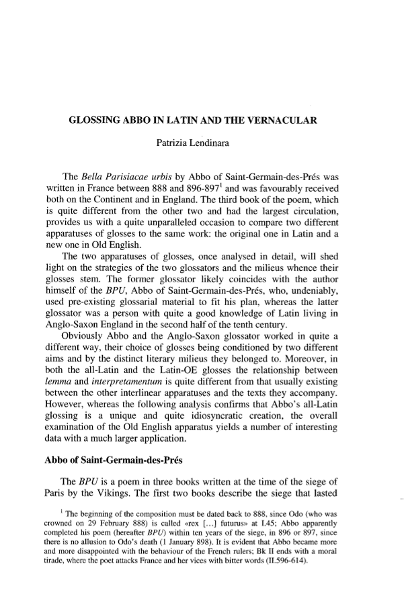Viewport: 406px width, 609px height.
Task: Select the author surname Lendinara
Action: tap(226, 143)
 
